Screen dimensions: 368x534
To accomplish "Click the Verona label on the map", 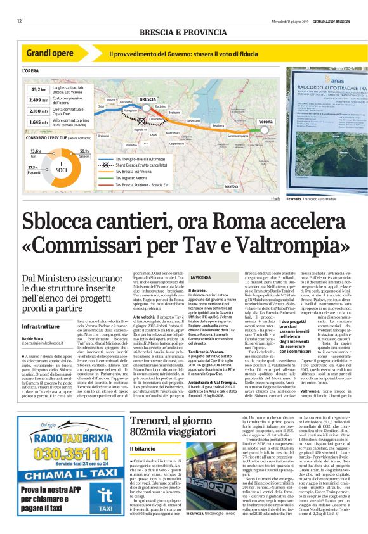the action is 266,120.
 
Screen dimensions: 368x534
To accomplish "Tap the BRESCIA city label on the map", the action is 147,99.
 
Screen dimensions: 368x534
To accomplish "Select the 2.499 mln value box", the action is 39,100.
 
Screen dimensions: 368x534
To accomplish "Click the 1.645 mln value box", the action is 39,121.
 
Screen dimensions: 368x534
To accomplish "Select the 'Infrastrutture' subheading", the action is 41,326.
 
